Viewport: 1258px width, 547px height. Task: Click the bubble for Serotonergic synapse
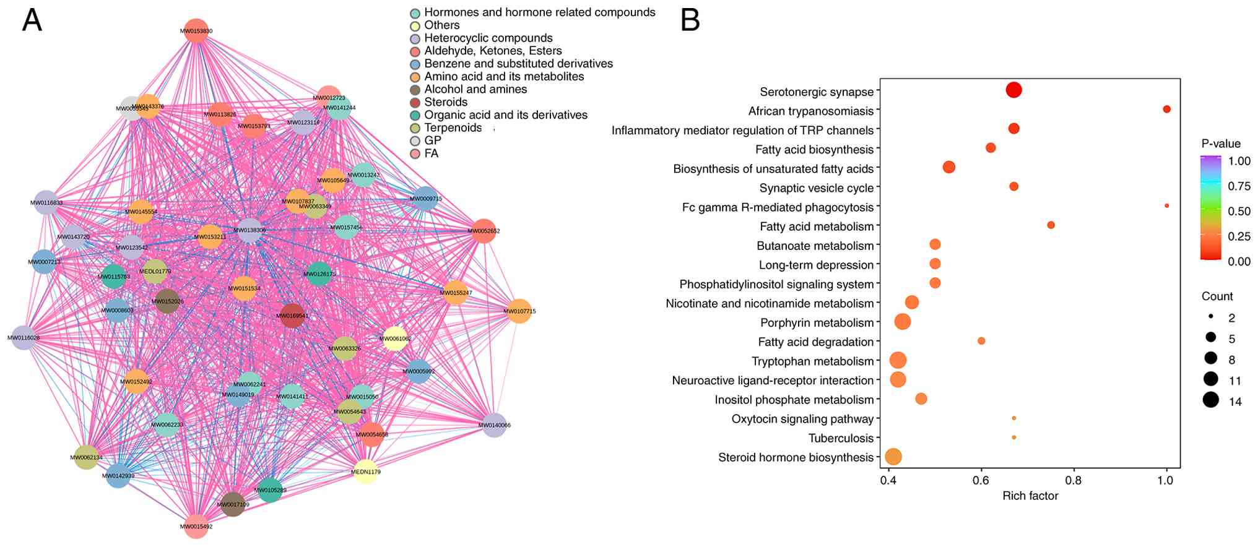click(1013, 90)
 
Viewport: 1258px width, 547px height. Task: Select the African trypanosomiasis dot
click(1166, 110)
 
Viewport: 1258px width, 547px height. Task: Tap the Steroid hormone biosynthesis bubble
click(893, 457)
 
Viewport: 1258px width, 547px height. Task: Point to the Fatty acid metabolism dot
click(1051, 225)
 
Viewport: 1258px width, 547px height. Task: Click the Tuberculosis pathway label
click(841, 438)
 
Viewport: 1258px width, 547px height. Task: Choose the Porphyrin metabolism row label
click(817, 322)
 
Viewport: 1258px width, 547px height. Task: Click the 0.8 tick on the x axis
click(1074, 480)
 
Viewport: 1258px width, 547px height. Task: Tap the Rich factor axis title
click(1030, 496)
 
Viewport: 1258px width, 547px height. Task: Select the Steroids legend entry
click(445, 102)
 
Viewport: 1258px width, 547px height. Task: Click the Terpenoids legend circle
click(415, 128)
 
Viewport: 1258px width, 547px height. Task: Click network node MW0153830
click(196, 31)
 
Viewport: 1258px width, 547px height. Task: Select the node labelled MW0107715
click(519, 311)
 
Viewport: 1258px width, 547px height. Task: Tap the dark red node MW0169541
click(292, 316)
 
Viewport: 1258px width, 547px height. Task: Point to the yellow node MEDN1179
click(365, 472)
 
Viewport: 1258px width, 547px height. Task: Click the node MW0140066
click(494, 425)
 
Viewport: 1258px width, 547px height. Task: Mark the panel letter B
click(690, 20)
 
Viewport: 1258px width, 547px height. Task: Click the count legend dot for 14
click(1211, 400)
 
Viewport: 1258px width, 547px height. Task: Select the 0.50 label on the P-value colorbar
click(1239, 211)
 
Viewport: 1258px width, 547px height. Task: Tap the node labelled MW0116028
click(24, 337)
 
